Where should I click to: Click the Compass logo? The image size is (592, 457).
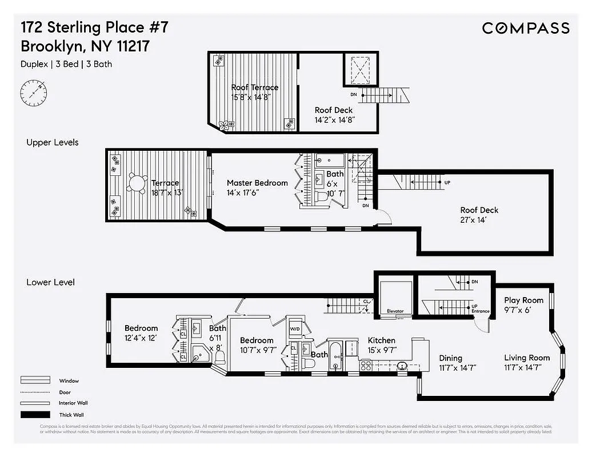[525, 28]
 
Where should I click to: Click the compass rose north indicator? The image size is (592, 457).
[34, 92]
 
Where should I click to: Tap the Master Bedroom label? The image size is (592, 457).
[257, 183]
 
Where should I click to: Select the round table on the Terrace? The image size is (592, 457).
[137, 183]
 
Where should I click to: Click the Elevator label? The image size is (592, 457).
[395, 311]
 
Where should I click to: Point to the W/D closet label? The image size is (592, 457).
[295, 329]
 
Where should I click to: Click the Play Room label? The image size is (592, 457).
[523, 300]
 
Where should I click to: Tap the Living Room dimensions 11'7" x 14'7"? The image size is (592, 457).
[527, 367]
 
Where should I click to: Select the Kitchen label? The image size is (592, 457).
[382, 340]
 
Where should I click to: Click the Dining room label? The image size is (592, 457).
[451, 358]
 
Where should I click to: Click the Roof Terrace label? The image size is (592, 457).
[254, 87]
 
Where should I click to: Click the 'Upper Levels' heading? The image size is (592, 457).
[53, 142]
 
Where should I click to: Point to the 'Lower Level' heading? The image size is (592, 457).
[50, 282]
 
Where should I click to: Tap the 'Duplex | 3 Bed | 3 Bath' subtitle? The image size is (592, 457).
[66, 64]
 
